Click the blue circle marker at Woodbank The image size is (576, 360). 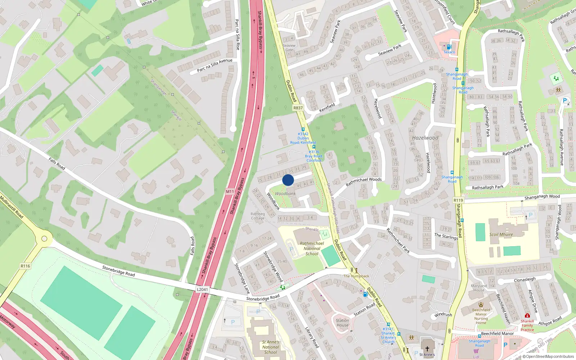(288, 180)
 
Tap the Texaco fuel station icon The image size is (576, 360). (449, 47)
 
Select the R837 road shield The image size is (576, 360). (298, 108)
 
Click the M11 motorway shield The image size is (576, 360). (230, 192)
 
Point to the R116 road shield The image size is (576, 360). (25, 266)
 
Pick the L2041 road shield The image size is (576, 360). (202, 289)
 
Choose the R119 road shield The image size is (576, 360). (458, 200)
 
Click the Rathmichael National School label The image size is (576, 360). (312, 248)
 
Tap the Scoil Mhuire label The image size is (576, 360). (501, 234)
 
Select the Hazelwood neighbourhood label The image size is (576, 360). (425, 138)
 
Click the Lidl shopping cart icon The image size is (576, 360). (476, 351)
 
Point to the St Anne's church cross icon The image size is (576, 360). (427, 348)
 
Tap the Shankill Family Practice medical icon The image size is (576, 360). (527, 315)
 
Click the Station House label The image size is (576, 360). (342, 323)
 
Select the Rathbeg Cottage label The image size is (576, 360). (258, 216)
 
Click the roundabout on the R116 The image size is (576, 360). (44, 238)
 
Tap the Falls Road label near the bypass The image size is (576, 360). (192, 246)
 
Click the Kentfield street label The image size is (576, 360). (327, 107)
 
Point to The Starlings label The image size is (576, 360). (446, 236)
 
